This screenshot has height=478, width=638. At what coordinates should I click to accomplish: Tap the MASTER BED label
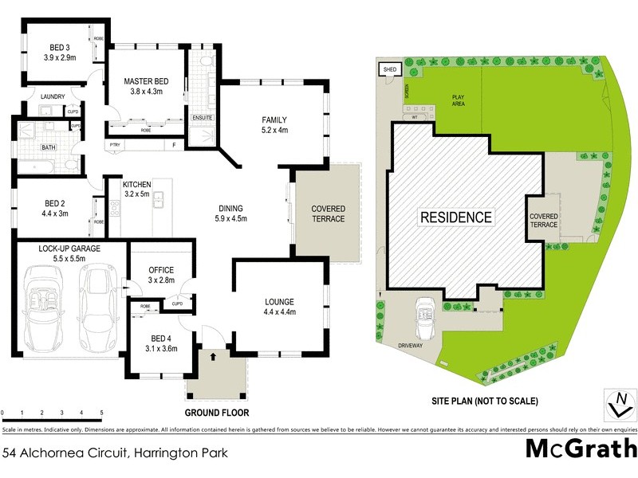pos(145,86)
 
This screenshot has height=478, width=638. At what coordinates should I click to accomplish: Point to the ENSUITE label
pos(203,119)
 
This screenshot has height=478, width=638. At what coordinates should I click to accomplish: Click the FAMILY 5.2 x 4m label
pos(274,125)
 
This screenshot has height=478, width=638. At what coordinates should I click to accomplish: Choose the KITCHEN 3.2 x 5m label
pos(137,189)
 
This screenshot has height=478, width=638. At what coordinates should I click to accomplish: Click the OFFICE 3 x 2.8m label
pos(161,276)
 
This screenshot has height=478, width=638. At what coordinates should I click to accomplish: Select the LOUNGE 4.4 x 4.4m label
pos(280,307)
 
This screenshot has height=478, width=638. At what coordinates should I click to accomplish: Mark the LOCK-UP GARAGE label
pos(67,254)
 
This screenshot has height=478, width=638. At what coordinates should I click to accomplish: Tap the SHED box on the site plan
pos(389,70)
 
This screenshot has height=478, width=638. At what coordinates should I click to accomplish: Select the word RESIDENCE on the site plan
pos(456,217)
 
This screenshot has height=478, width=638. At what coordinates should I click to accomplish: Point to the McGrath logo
pos(581,449)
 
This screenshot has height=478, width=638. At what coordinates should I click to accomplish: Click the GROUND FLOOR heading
pos(217,413)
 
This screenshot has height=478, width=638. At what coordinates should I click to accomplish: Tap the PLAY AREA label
pos(457,100)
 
